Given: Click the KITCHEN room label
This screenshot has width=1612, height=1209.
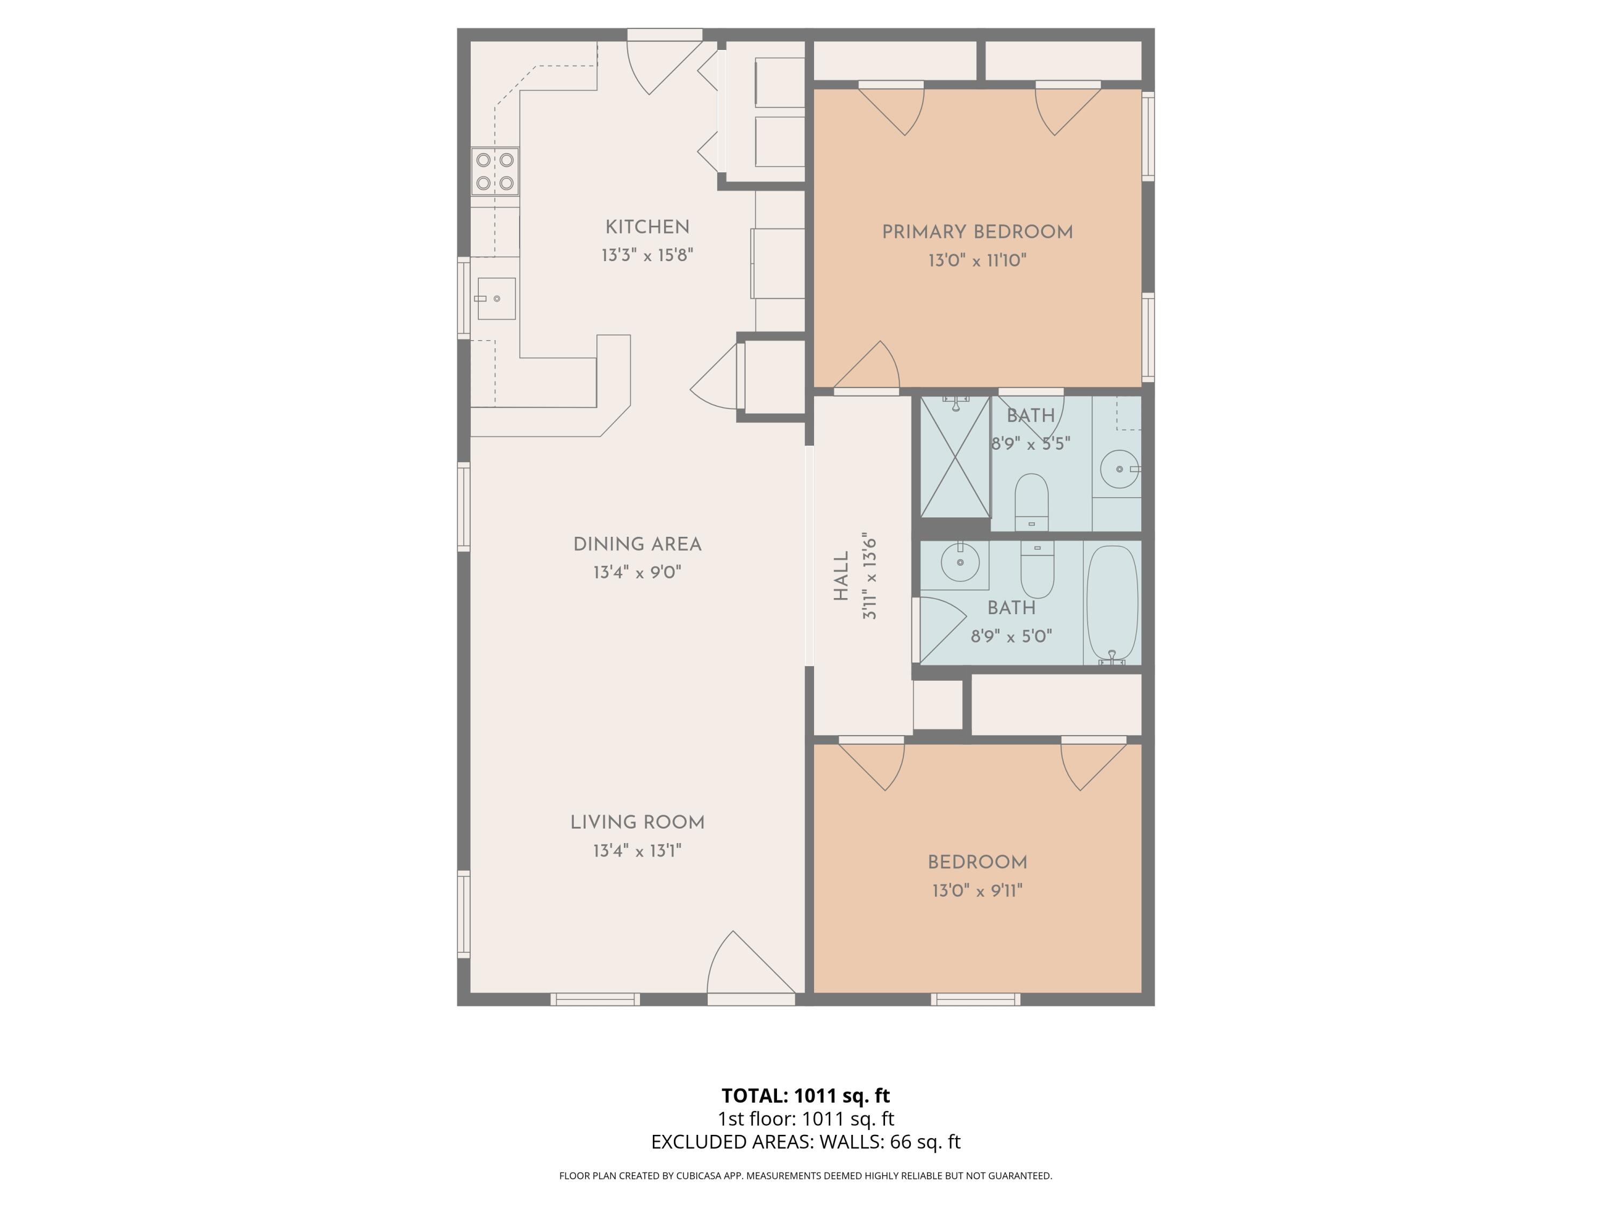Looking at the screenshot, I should (646, 227).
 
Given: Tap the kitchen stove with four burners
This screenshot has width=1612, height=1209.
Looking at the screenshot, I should (495, 171).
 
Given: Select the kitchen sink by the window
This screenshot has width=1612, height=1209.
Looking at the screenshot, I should (496, 299).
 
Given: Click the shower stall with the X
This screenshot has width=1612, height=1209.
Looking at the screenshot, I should (955, 457).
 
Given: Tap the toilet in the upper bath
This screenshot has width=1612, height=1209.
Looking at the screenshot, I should (1031, 501).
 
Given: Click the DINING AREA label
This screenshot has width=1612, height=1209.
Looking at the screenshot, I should (637, 544).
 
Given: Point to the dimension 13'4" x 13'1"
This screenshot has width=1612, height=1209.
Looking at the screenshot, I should (637, 851).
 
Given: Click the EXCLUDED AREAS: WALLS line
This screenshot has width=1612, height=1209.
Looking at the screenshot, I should (805, 1142).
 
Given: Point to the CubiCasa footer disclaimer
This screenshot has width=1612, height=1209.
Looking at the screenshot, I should (805, 1176).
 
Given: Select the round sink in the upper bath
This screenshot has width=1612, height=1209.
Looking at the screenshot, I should (1119, 469).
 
